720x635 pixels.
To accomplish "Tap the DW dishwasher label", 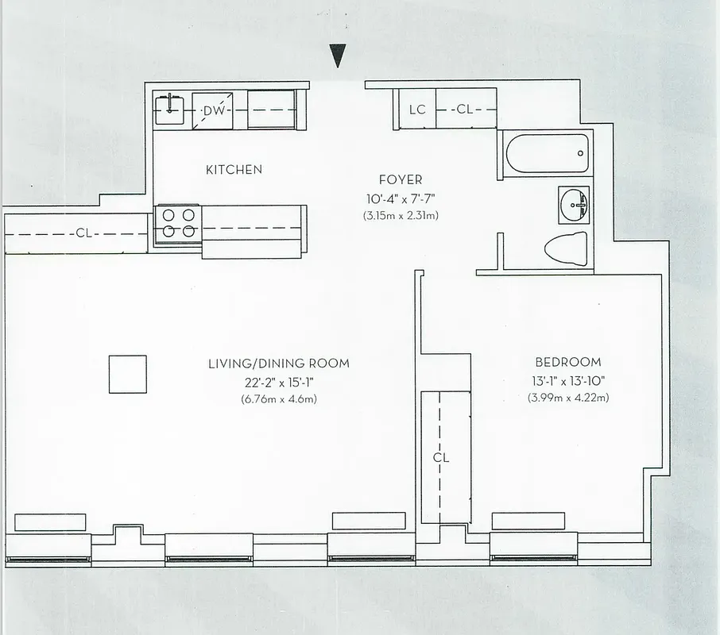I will (213, 111).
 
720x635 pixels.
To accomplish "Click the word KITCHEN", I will (234, 170).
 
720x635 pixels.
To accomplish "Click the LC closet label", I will (417, 110).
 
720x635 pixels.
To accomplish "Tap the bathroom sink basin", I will (574, 206).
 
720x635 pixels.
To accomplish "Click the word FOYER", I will (401, 180).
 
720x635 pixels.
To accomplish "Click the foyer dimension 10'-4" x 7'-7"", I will (401, 198).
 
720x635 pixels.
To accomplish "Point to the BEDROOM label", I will (567, 362).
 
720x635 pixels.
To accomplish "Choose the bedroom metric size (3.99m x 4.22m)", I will (567, 397).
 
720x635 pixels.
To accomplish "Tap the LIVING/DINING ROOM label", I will (278, 364).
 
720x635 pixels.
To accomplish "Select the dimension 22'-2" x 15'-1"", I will (278, 382).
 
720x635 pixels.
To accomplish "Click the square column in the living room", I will (128, 374).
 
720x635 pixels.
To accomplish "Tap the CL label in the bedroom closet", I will (441, 458).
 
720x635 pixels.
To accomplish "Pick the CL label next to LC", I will (464, 110).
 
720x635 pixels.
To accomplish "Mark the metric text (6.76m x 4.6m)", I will (278, 399).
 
